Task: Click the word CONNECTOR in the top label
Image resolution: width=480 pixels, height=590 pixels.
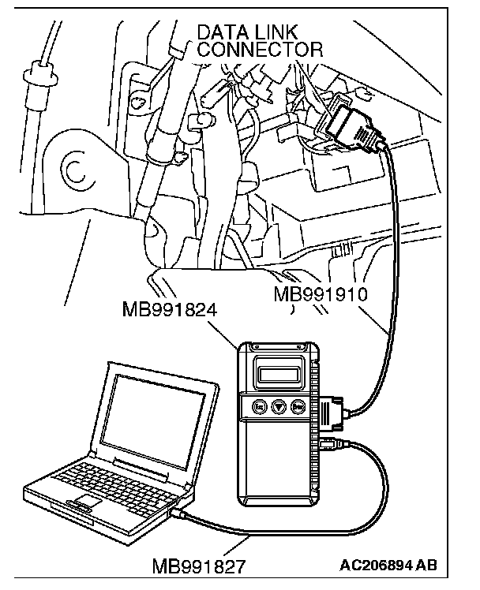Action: click(261, 50)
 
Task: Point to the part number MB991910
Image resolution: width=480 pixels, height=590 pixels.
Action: click(321, 296)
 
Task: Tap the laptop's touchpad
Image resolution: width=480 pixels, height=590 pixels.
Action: click(88, 502)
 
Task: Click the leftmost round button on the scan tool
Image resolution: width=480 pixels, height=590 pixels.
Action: click(258, 406)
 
